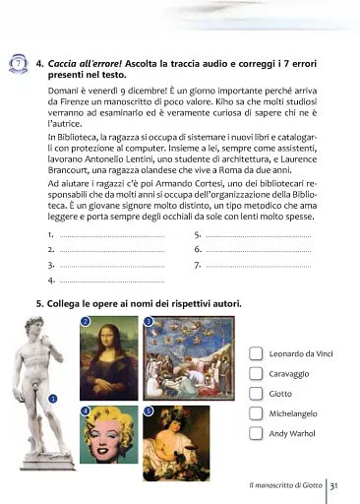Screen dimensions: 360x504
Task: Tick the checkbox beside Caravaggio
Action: (256, 374)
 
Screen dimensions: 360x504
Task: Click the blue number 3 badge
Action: (148, 322)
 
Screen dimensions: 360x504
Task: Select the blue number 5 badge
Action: (148, 409)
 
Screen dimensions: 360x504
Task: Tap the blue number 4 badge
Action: (86, 409)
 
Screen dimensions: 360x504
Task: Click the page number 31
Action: (334, 485)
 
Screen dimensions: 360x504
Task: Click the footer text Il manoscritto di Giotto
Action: (285, 485)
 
